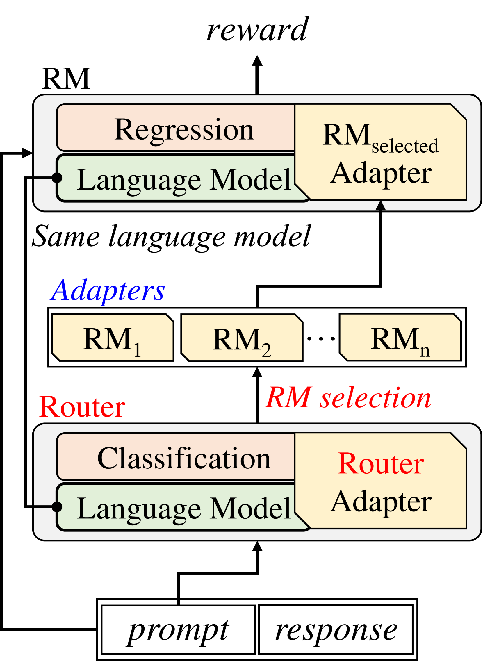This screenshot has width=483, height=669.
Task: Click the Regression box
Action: [177, 127]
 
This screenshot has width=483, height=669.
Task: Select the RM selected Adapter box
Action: [381, 152]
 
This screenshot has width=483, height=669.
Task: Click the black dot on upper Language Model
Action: [57, 178]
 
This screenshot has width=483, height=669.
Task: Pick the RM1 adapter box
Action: [113, 337]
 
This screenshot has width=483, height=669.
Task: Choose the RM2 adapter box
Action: [242, 338]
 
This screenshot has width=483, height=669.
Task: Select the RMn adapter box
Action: [400, 337]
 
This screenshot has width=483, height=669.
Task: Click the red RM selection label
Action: [348, 398]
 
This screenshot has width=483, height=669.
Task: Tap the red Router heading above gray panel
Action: [82, 407]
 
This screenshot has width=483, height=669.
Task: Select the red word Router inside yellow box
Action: [381, 464]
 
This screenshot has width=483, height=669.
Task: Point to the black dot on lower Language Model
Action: [57, 507]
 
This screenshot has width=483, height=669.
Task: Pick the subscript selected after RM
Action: [405, 146]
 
